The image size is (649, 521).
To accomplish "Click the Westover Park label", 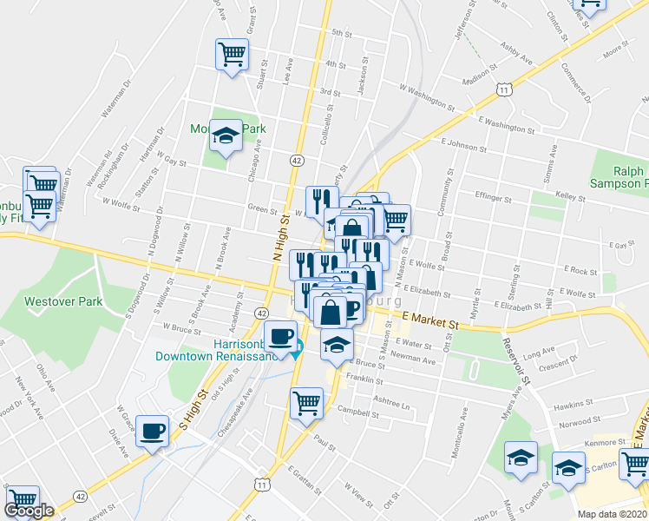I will (63, 302).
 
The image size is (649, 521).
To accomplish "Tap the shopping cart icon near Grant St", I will (231, 55).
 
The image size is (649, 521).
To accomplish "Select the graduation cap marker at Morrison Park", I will (226, 136).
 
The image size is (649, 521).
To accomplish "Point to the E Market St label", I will (429, 321).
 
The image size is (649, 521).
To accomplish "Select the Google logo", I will (29, 511).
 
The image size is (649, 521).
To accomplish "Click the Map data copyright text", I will (613, 514).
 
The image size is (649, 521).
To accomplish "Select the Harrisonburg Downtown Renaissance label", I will (217, 349).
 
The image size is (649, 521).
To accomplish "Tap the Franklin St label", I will (364, 380).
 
